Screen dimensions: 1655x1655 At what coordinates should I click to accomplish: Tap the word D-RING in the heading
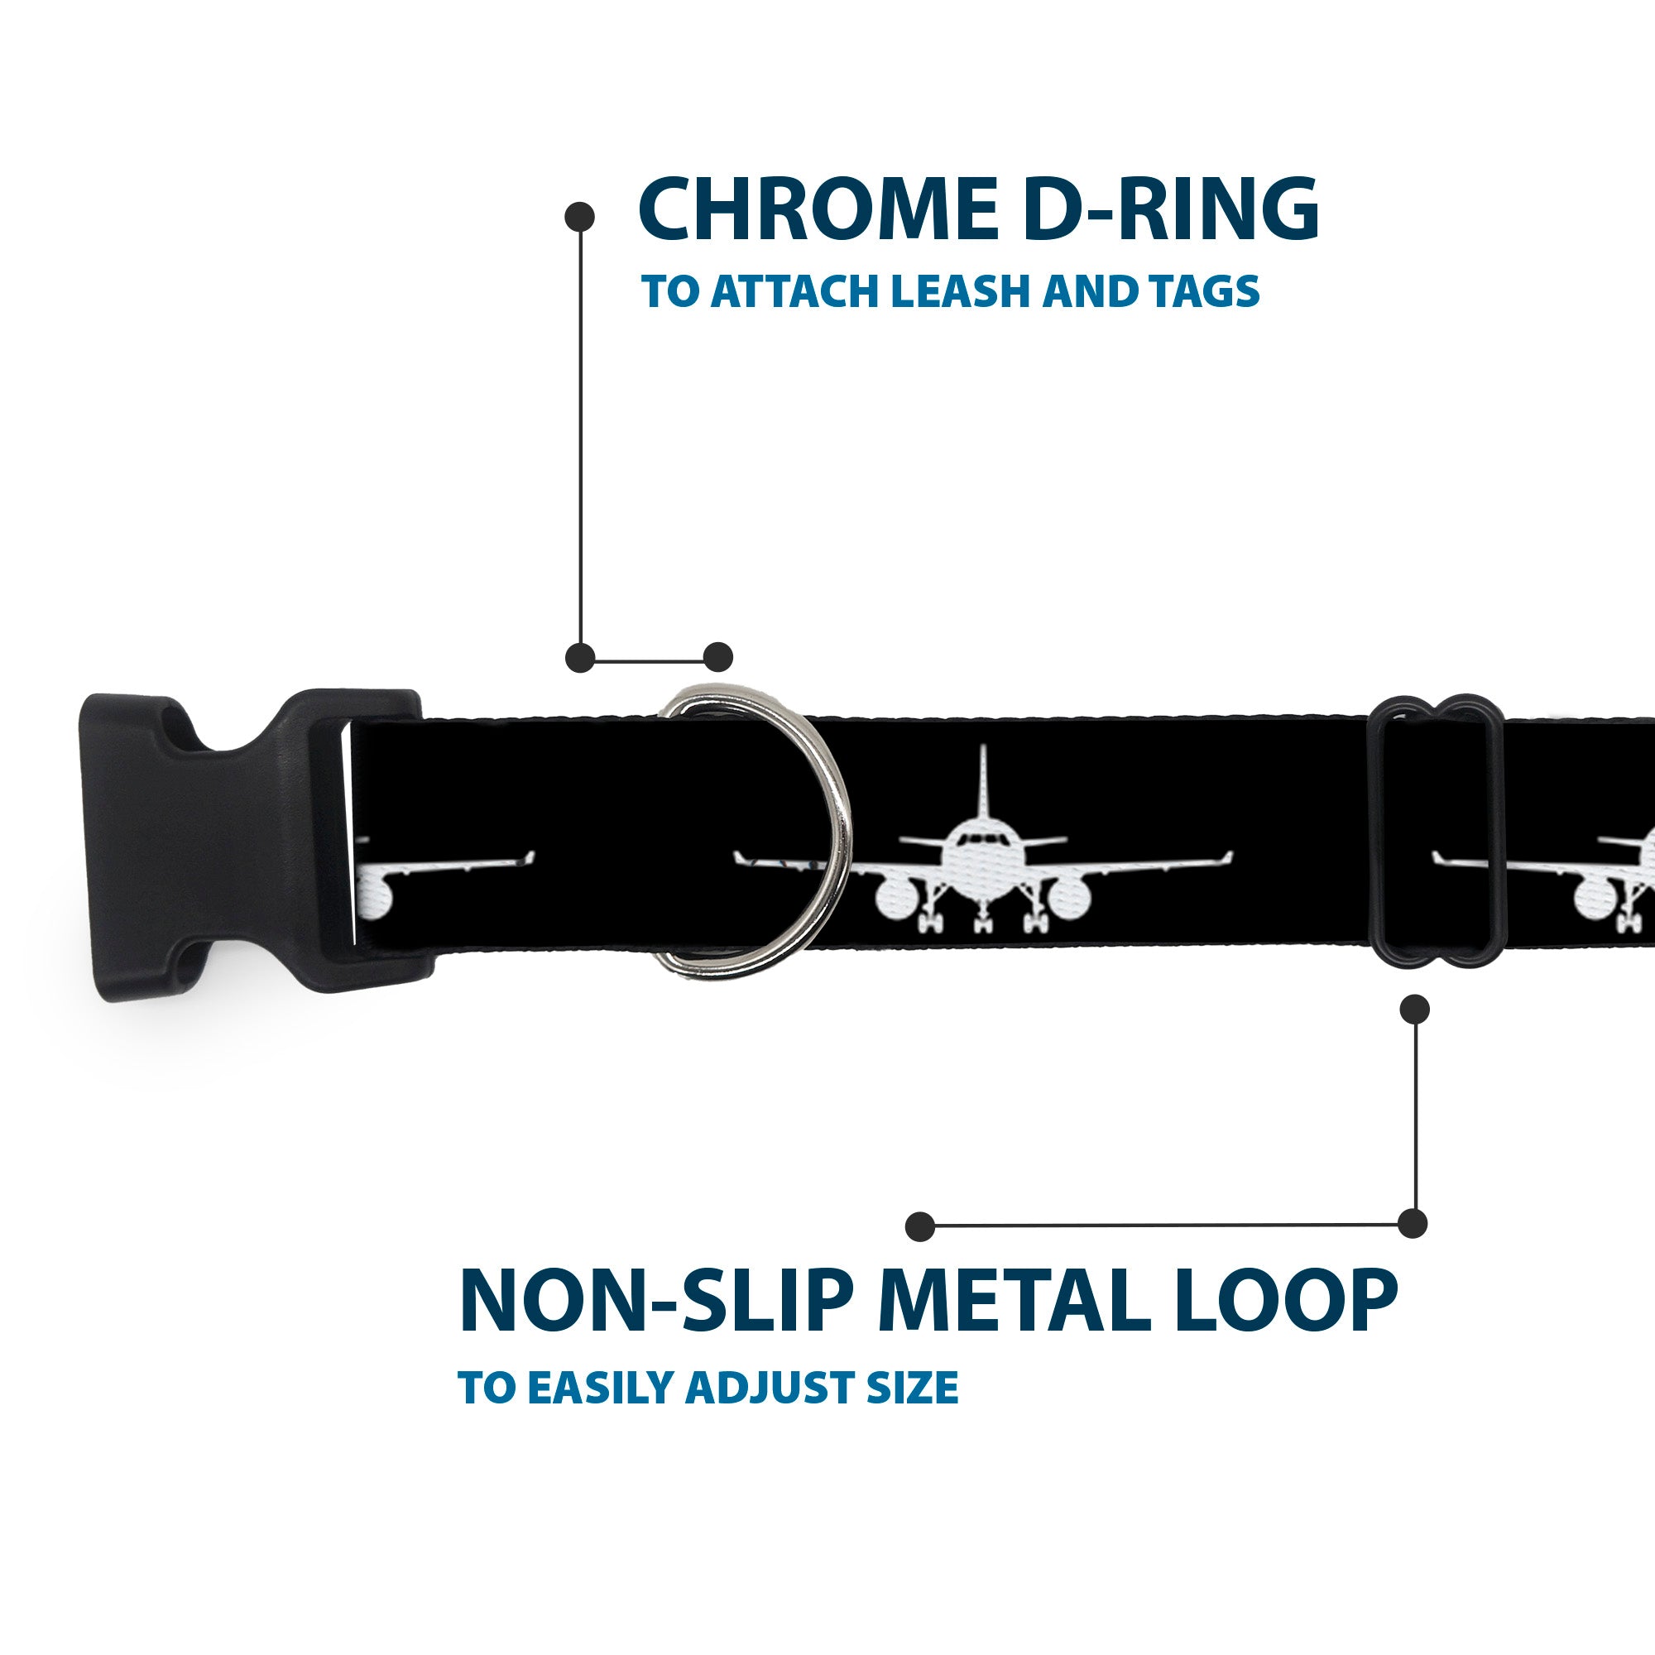1171,209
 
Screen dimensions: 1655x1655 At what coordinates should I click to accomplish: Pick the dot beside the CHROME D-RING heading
580,217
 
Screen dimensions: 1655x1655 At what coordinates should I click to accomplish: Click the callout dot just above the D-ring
717,657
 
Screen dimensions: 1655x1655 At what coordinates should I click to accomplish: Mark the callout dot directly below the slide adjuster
1414,1008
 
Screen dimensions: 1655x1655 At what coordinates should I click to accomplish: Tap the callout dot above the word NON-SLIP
920,1226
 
